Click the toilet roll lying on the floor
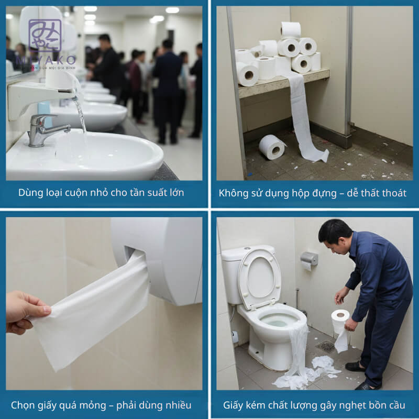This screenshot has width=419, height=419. (x=272, y=147)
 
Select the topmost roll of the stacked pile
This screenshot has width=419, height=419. (x=291, y=29)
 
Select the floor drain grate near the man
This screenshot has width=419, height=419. (x=327, y=346)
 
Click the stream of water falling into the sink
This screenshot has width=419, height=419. (x=80, y=113)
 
